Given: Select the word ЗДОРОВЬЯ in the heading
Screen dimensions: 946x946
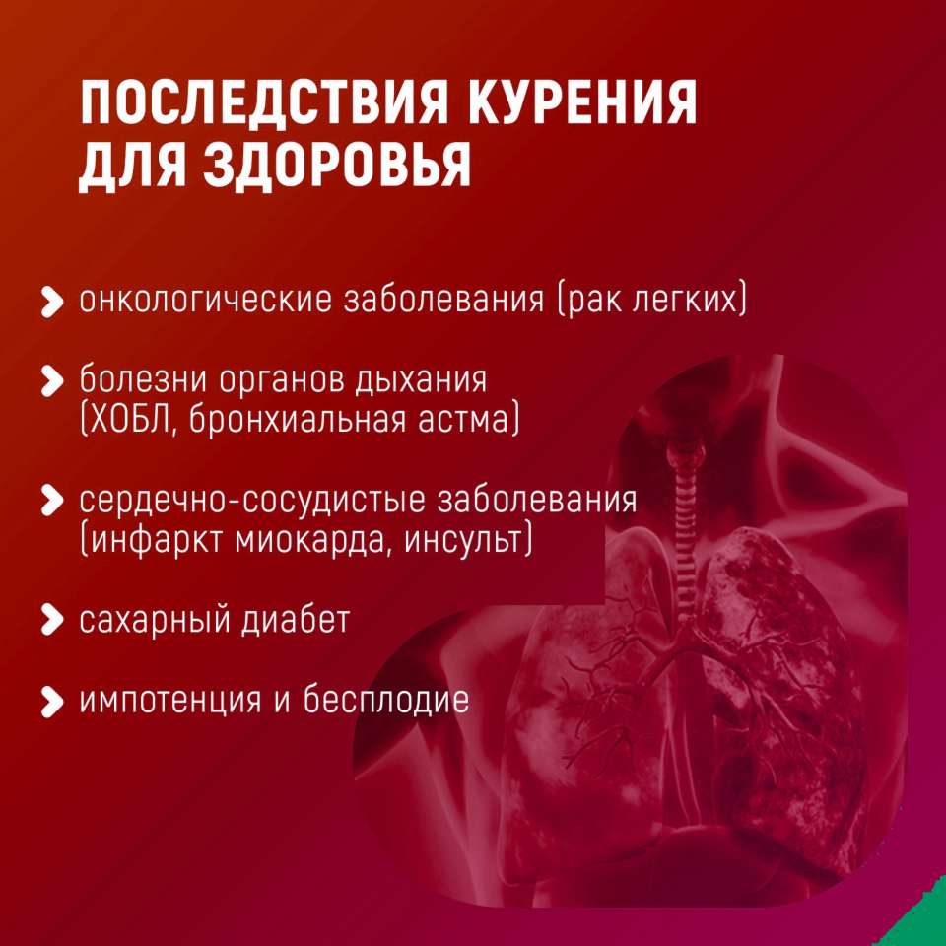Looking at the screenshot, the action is [337, 166].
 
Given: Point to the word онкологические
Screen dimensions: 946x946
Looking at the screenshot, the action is [206, 300].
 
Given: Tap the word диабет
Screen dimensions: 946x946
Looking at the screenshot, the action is [296, 620].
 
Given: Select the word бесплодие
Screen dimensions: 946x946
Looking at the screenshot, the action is [386, 700].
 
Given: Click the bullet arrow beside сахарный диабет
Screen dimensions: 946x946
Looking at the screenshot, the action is [52, 621].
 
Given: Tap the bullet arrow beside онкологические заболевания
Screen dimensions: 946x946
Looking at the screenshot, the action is [52, 302].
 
